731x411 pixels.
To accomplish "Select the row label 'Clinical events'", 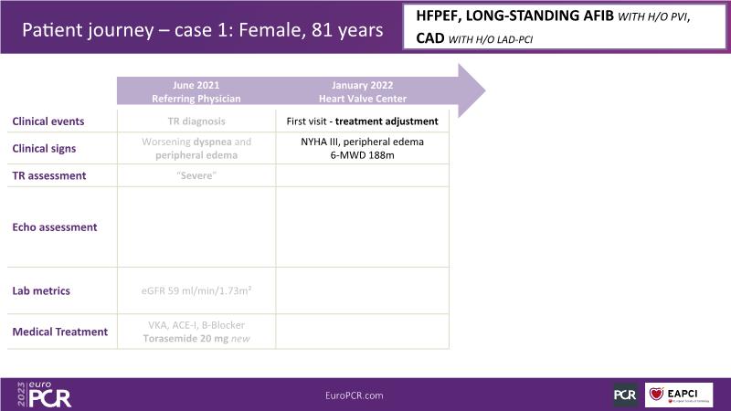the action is [48, 121].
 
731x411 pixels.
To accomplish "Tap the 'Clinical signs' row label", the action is [44, 148].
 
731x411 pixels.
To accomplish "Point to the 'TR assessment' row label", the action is [49, 175].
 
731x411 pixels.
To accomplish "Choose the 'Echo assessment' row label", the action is [55, 227].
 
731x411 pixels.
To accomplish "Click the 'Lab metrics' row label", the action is [41, 290].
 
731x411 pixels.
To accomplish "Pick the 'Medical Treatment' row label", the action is [59, 332].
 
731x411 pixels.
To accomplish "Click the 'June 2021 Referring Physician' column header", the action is [196, 92].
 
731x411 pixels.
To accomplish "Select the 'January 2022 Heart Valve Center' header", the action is [363, 92].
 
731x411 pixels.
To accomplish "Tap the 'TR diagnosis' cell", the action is [196, 121].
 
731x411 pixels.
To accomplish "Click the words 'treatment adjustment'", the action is [387, 121].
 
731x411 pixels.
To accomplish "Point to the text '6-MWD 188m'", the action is [362, 155].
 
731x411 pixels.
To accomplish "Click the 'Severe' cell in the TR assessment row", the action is [196, 175].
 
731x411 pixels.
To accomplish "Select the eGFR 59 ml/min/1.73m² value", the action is [196, 290].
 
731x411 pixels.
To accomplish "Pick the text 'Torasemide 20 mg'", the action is [185, 338].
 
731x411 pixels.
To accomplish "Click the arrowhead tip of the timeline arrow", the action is [485, 90].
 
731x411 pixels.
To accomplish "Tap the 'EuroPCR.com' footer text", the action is [355, 395].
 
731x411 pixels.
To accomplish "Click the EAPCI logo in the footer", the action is [679, 395].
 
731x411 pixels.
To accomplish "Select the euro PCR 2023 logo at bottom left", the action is [44, 395].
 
